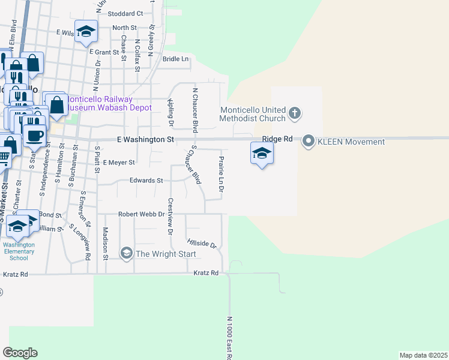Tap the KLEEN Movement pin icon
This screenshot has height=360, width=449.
(x=309, y=142)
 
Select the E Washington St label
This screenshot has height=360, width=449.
(x=145, y=139)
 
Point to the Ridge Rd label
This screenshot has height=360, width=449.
(x=280, y=139)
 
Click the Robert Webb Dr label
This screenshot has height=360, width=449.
(x=141, y=214)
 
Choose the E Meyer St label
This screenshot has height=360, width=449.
(x=119, y=162)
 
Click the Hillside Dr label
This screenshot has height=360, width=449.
(x=201, y=243)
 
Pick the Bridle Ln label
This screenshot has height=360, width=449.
(x=176, y=59)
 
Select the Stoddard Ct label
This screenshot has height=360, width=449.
(x=125, y=13)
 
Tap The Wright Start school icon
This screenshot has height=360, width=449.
(x=126, y=254)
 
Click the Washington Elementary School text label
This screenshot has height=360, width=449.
(x=19, y=251)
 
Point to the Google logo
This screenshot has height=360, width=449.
(x=20, y=353)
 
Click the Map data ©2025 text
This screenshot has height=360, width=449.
(x=423, y=355)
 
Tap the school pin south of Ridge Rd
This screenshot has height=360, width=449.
(x=261, y=154)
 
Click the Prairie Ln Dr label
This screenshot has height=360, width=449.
(x=221, y=174)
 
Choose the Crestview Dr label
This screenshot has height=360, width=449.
(x=170, y=216)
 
